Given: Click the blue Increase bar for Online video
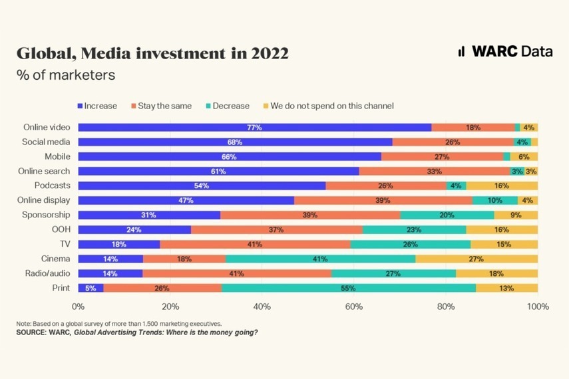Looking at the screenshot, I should pos(254,127).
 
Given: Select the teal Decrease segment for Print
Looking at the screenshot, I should pos(348,288).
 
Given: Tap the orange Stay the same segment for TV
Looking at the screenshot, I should pos(255,244).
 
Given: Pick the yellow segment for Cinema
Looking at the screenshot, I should pos(476,259).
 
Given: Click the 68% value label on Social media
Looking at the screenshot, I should pos(235,142).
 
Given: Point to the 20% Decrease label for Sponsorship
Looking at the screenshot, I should pos(447,215).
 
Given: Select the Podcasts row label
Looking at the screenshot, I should pos(51,186).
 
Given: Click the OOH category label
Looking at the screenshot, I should pos(61,229).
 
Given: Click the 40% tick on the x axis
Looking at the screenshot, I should pos(262,307).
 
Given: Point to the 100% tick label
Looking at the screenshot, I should pos(537,307).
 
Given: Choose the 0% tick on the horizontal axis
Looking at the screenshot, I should pos(79,307).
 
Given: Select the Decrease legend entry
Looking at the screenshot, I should pos(227,106).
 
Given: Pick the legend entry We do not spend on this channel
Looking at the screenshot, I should pos(327,106).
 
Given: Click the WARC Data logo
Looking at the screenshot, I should pos(505,52).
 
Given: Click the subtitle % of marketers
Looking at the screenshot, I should pos(65,74).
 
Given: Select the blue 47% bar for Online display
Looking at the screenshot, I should pos(186,200).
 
